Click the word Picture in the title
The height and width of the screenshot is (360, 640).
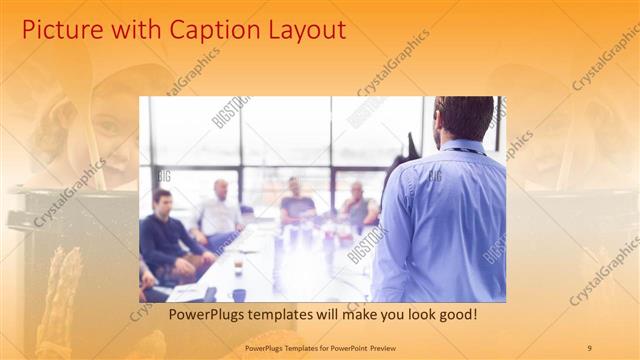coord(59,30)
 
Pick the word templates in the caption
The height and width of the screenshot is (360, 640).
coord(285,314)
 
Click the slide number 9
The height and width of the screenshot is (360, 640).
coord(589,347)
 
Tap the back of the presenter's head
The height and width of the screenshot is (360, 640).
coord(464,117)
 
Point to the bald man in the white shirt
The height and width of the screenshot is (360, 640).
coord(220,210)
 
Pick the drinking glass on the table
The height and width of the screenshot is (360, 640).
coord(238,265)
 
